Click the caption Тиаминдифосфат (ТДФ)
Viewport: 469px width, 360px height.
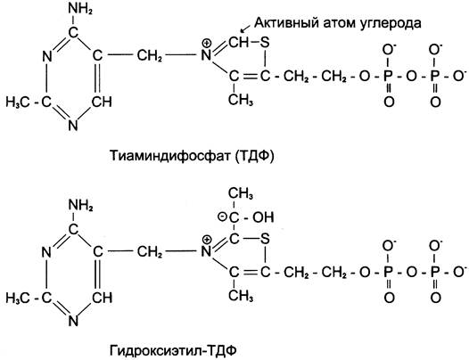[x=192, y=156]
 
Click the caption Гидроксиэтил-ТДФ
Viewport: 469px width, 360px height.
[x=173, y=350]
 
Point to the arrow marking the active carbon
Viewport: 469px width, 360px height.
[x=246, y=29]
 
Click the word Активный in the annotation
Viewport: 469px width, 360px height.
[x=285, y=23]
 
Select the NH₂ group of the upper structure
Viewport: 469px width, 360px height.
[x=80, y=9]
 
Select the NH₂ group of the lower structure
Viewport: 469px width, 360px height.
[x=81, y=206]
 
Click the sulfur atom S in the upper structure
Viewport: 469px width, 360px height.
[x=265, y=43]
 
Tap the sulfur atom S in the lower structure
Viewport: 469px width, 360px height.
[x=265, y=239]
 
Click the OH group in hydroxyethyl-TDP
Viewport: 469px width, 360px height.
[x=263, y=217]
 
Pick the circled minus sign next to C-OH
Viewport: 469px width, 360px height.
[x=223, y=217]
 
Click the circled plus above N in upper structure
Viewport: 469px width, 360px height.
[x=207, y=44]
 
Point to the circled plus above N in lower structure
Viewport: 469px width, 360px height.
[x=207, y=240]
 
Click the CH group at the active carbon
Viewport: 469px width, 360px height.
[x=239, y=43]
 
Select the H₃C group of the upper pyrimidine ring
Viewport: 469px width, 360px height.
[x=17, y=102]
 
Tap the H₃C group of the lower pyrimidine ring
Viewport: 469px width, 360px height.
[x=17, y=299]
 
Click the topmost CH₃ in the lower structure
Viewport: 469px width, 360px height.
[x=241, y=193]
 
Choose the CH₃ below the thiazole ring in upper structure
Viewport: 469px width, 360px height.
[x=241, y=100]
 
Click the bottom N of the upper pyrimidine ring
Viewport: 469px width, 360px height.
[x=73, y=125]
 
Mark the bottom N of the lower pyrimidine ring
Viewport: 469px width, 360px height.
[x=73, y=321]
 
